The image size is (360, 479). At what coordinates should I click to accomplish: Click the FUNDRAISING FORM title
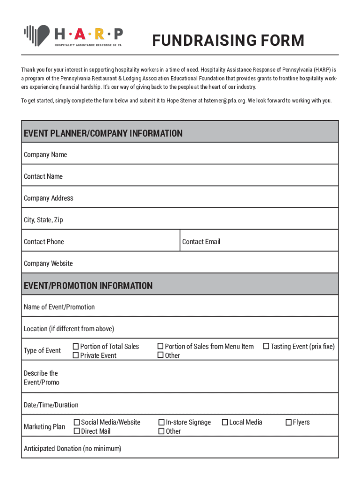[228, 41]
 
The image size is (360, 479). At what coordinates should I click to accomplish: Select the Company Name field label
[45, 155]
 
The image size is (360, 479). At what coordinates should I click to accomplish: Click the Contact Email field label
[201, 242]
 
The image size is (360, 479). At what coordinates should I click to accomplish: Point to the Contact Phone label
[44, 242]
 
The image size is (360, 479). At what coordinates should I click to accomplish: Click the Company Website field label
[48, 263]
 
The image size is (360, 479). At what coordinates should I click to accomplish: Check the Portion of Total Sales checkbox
[76, 347]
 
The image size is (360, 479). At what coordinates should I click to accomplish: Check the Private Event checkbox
[76, 356]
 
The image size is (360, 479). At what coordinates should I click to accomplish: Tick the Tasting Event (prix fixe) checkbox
[266, 347]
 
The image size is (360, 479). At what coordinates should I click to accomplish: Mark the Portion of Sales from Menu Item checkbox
[160, 347]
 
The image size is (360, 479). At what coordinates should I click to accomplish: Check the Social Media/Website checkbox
[77, 422]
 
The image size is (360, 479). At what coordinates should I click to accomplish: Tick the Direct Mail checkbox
[77, 431]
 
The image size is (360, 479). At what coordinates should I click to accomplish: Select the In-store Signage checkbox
[161, 422]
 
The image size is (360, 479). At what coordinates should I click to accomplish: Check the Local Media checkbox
[225, 422]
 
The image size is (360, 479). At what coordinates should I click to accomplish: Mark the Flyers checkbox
[288, 422]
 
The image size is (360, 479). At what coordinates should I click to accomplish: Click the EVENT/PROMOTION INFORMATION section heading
[88, 286]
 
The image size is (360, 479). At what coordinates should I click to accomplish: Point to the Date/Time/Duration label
[51, 405]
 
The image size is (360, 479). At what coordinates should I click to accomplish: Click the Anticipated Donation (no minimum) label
[72, 449]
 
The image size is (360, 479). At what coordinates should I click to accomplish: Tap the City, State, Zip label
[43, 220]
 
